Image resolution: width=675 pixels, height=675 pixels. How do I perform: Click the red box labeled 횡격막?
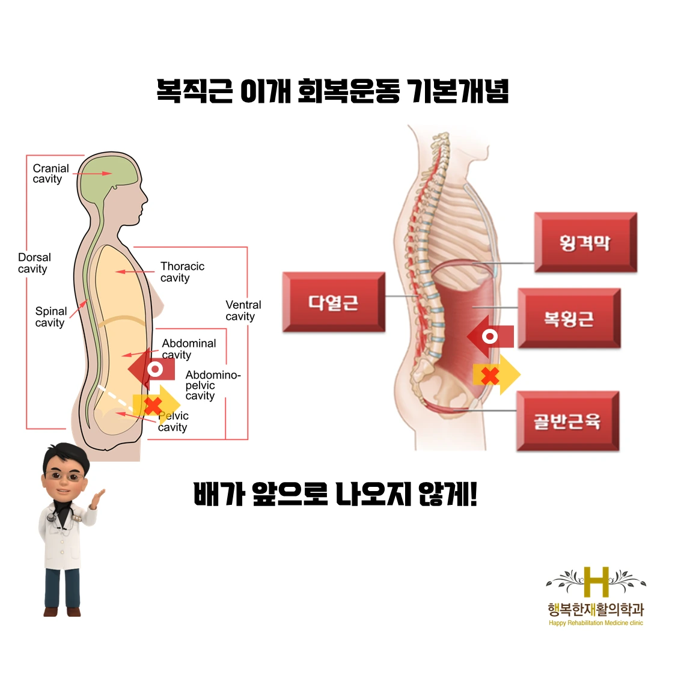[x=585, y=242]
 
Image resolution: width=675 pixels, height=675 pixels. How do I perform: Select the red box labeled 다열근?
[x=334, y=302]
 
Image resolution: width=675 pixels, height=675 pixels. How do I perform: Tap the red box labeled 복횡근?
[x=569, y=318]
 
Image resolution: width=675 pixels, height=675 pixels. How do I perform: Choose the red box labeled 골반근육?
[x=567, y=421]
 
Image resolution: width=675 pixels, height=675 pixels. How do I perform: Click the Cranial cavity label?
[x=50, y=174]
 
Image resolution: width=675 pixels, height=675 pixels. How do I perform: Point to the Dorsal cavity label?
[x=34, y=263]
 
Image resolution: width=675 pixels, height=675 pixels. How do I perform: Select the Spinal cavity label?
[x=50, y=317]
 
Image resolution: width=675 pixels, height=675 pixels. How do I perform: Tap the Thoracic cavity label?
[x=182, y=272]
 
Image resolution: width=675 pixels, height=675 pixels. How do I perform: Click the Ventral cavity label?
[x=243, y=311]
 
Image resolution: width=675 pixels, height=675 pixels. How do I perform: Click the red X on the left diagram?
[x=153, y=406]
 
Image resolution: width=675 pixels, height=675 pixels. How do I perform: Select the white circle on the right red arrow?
[x=490, y=337]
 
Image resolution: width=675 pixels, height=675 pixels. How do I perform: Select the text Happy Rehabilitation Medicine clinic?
[x=596, y=623]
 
